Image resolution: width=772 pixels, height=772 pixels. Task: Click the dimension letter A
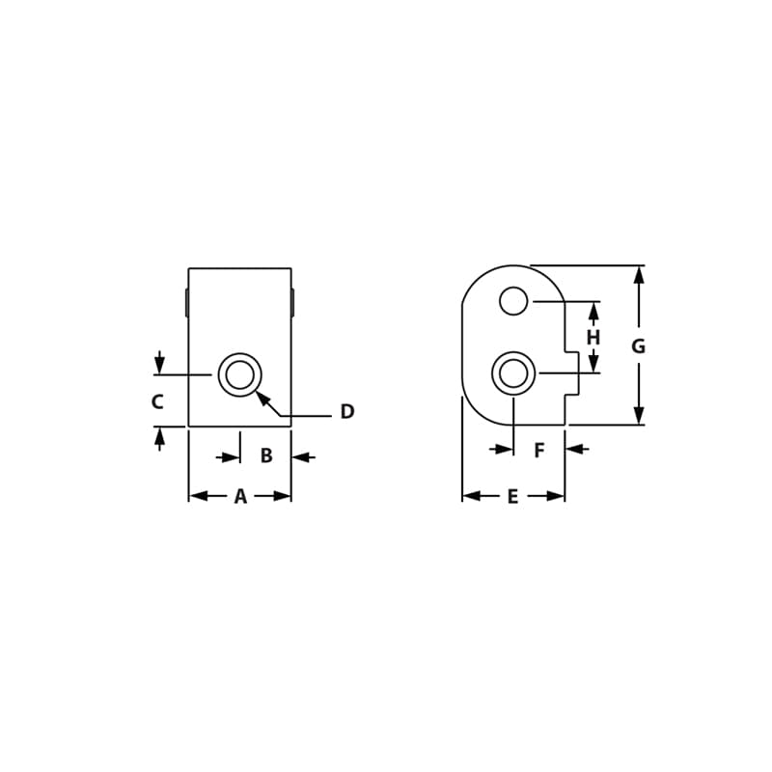pyautogui.click(x=240, y=496)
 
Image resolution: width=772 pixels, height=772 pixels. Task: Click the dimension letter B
pyautogui.click(x=266, y=456)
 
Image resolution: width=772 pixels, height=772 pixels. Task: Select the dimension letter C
pyautogui.click(x=157, y=402)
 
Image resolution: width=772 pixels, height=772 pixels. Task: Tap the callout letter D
pyautogui.click(x=347, y=412)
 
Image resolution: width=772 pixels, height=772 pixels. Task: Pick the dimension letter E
pyautogui.click(x=512, y=496)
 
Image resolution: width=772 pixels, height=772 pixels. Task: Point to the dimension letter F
pyautogui.click(x=539, y=450)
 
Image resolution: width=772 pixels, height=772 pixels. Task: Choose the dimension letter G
pyautogui.click(x=638, y=346)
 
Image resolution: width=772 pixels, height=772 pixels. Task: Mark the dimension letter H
pyautogui.click(x=593, y=338)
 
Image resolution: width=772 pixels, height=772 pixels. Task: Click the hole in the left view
pyautogui.click(x=240, y=374)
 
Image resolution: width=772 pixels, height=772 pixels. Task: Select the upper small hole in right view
pyautogui.click(x=513, y=301)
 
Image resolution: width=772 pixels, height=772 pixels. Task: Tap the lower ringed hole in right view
pyautogui.click(x=513, y=373)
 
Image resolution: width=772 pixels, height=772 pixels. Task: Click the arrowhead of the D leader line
pyautogui.click(x=262, y=397)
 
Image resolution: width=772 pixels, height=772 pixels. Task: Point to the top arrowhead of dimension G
pyautogui.click(x=638, y=275)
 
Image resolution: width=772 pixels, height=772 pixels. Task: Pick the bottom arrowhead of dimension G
pyautogui.click(x=638, y=415)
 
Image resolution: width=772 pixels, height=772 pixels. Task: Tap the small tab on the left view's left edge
pyautogui.click(x=187, y=302)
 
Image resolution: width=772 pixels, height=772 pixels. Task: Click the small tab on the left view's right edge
pyautogui.click(x=292, y=302)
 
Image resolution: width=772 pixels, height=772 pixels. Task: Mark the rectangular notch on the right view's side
pyautogui.click(x=572, y=373)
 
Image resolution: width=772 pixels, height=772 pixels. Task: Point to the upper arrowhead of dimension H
pyautogui.click(x=593, y=312)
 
